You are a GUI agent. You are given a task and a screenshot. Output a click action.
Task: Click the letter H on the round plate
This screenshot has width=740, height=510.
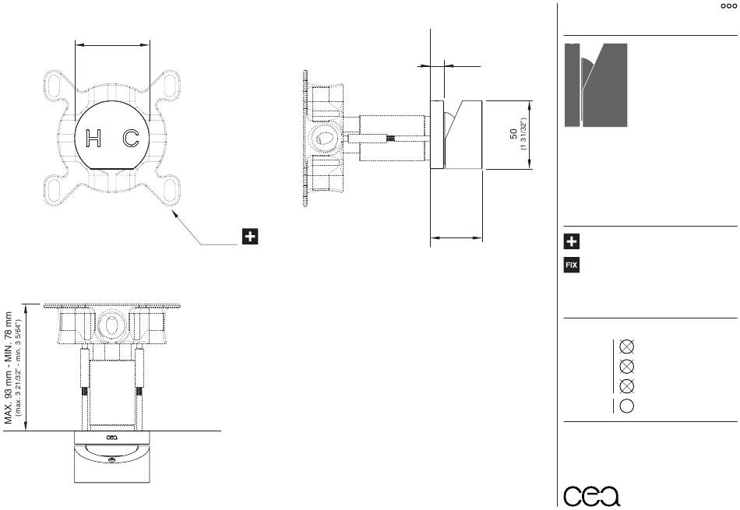pos(93,139)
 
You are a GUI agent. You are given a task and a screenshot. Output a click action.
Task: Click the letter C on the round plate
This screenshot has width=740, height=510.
pos(131,139)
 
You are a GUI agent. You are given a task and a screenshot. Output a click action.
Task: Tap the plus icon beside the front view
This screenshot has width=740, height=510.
pos(250,237)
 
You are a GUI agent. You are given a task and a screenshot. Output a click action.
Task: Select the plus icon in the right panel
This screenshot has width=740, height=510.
pos(572,241)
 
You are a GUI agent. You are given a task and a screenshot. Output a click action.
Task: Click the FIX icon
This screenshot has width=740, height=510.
pos(572,266)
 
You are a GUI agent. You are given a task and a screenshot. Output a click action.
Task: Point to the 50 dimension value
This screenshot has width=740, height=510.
pos(513,134)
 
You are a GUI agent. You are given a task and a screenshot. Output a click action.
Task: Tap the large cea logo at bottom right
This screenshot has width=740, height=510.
pos(592,495)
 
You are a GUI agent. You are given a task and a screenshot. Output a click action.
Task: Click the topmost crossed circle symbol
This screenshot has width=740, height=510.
pos(626,346)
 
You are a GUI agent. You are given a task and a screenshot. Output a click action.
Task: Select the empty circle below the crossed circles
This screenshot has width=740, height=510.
pos(626,406)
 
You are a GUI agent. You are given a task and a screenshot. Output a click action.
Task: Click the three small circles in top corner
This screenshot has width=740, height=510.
pos(729,6)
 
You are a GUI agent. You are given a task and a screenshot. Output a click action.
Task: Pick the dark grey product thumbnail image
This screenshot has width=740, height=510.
pos(596,85)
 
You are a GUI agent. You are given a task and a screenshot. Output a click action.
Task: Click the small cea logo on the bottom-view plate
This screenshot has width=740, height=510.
pos(112,438)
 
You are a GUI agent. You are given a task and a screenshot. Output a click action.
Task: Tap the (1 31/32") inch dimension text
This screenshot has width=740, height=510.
pos(523,135)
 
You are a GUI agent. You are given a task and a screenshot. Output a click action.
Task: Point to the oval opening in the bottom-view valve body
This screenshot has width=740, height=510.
pos(112,325)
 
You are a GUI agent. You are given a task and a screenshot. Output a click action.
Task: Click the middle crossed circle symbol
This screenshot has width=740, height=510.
pos(626,366)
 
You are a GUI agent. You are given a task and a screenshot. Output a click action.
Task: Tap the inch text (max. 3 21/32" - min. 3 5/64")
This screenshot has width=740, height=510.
pos(19,368)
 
